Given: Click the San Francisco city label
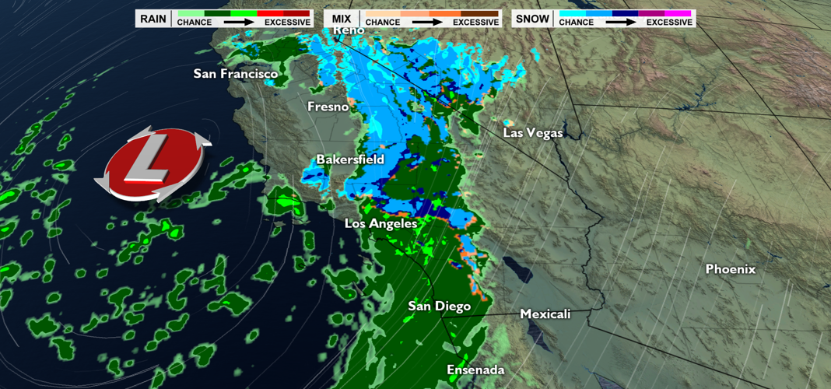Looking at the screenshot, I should [235, 74].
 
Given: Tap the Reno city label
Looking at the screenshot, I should [349, 30].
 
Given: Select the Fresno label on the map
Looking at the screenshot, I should [328, 107].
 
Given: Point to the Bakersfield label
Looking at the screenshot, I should [350, 159].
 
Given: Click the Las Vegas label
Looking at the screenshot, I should [532, 133].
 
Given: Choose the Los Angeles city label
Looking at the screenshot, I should [381, 223].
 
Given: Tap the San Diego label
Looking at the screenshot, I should [440, 307].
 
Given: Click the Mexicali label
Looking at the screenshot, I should [545, 314].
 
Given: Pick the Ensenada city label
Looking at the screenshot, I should [475, 370].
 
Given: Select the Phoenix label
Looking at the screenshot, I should [730, 269].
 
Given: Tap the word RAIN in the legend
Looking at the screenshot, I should [153, 18].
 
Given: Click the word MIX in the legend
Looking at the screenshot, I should [342, 18].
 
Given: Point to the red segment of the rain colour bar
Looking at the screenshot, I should [283, 13].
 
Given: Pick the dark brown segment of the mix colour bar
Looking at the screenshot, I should [480, 13].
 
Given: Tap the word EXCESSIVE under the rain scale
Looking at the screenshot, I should [287, 23].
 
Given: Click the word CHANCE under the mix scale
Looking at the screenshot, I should [382, 23].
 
